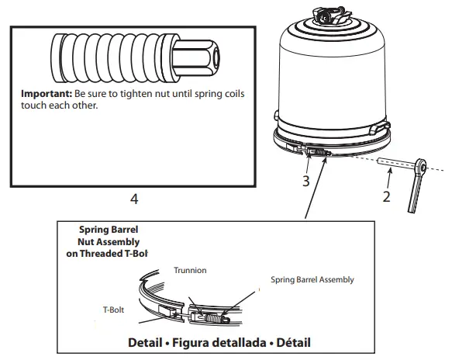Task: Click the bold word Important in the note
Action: pos(46,93)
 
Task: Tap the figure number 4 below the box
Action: pos(134,199)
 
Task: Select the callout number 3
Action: pos(306,182)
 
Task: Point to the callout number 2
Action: pos(385,196)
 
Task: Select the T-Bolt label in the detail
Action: pos(116,307)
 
